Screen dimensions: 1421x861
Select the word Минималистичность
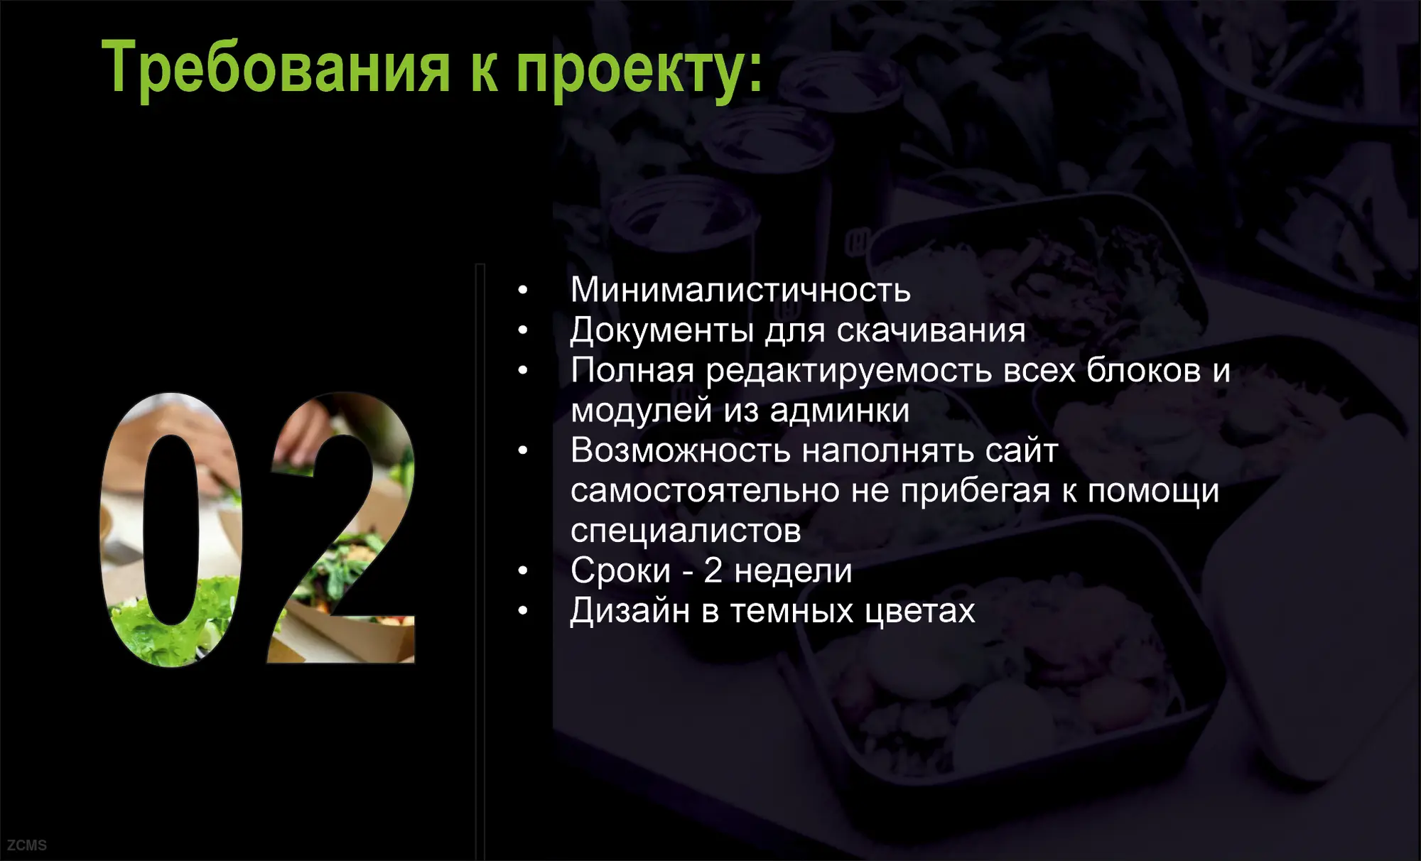click(740, 290)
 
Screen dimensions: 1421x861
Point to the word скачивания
click(931, 330)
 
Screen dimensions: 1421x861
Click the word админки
click(840, 411)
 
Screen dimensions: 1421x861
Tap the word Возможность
click(680, 450)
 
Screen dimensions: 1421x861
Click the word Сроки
click(620, 570)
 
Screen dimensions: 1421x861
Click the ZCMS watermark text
click(27, 845)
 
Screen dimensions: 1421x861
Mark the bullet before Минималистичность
click(523, 290)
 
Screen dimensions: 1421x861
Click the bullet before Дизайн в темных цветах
click(523, 611)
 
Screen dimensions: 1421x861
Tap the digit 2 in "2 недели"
click(713, 570)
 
